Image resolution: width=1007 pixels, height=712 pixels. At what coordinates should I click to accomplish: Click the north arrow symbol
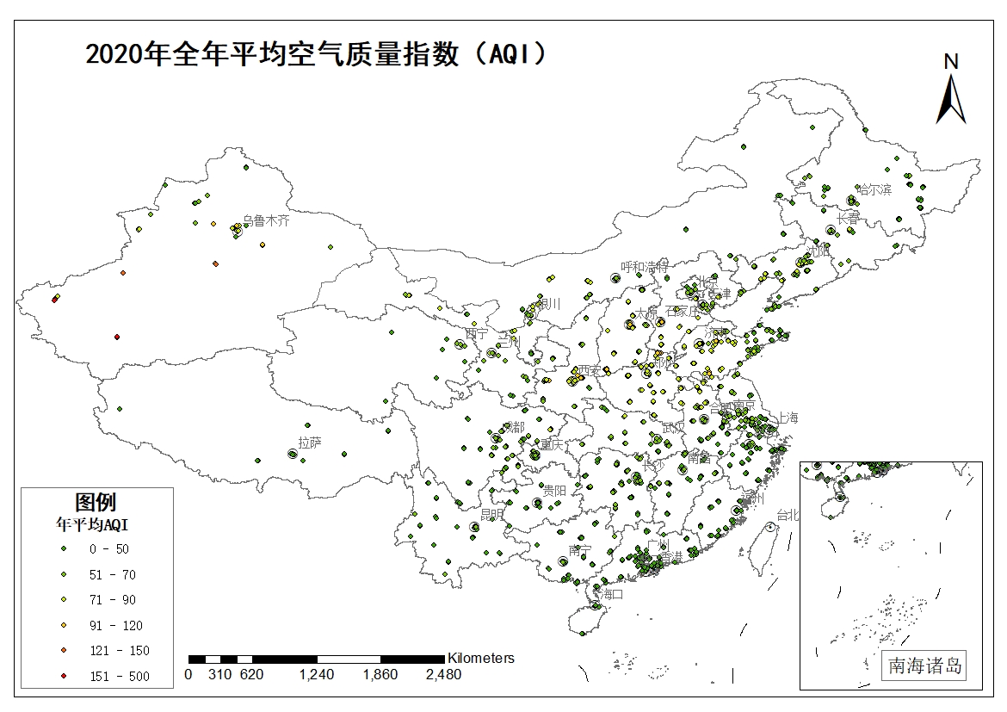[950, 98]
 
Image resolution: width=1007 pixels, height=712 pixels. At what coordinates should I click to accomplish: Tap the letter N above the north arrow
[950, 61]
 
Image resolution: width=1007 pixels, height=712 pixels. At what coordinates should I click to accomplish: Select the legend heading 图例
[96, 501]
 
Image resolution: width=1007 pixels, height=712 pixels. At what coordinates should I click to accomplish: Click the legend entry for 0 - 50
[110, 548]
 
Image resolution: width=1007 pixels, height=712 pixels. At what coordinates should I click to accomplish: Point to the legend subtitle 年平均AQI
[92, 523]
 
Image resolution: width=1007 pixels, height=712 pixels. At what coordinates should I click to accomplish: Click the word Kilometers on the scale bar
[480, 658]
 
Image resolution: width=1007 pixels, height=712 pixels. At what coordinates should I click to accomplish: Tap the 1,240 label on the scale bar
[316, 675]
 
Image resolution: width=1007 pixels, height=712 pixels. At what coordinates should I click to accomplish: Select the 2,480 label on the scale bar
[443, 675]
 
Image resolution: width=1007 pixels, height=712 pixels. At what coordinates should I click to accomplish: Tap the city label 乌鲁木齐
[266, 220]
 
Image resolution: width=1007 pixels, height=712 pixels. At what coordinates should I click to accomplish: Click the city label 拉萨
[310, 443]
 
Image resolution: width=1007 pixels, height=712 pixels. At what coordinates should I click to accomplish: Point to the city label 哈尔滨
[874, 189]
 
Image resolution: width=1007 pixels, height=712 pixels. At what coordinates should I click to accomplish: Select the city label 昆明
[492, 514]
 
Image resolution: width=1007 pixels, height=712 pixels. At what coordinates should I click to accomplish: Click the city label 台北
[788, 515]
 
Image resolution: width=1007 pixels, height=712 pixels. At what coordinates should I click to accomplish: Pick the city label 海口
[610, 593]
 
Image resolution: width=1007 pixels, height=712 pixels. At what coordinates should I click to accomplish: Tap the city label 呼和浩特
[645, 267]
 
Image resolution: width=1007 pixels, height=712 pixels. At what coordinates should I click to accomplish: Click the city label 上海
[788, 418]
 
